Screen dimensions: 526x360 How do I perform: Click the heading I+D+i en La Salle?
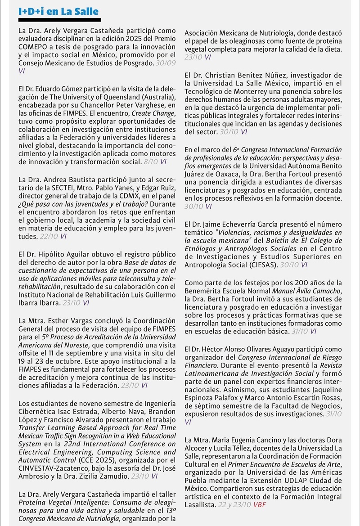click(58, 12)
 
